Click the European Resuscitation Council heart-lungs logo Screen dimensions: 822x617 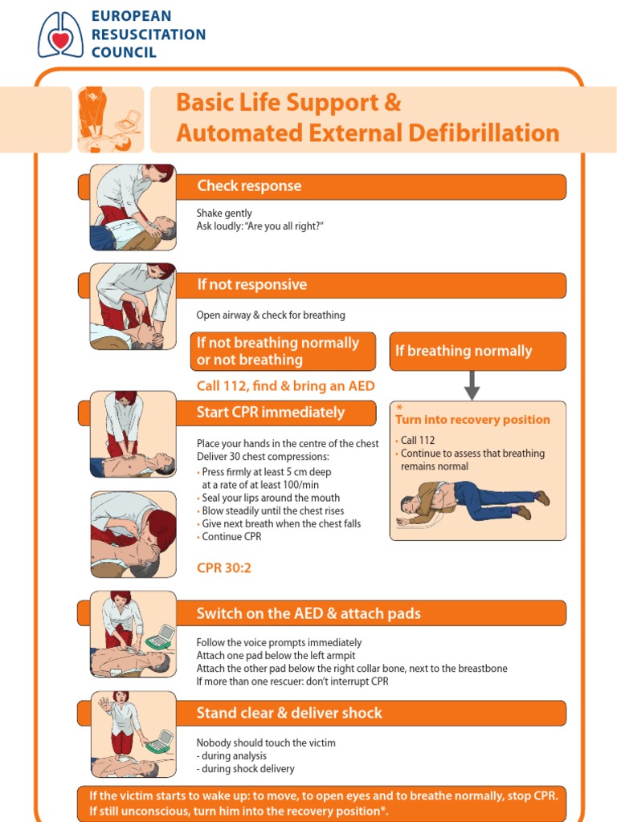[60, 34]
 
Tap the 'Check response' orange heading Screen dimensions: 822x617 [249, 186]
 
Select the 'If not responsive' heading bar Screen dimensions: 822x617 [252, 285]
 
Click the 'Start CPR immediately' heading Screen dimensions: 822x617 [271, 413]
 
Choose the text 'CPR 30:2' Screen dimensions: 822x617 [223, 568]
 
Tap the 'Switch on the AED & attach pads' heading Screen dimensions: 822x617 [308, 614]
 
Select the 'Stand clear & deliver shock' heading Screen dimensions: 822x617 [289, 713]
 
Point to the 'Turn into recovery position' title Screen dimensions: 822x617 [472, 420]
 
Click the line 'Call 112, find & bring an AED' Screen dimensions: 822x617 [285, 386]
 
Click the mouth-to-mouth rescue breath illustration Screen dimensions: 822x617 [133, 534]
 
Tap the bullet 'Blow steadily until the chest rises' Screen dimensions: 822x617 [273, 511]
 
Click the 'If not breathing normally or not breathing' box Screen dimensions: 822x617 [283, 352]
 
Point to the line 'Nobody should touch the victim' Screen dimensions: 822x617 [266, 743]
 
